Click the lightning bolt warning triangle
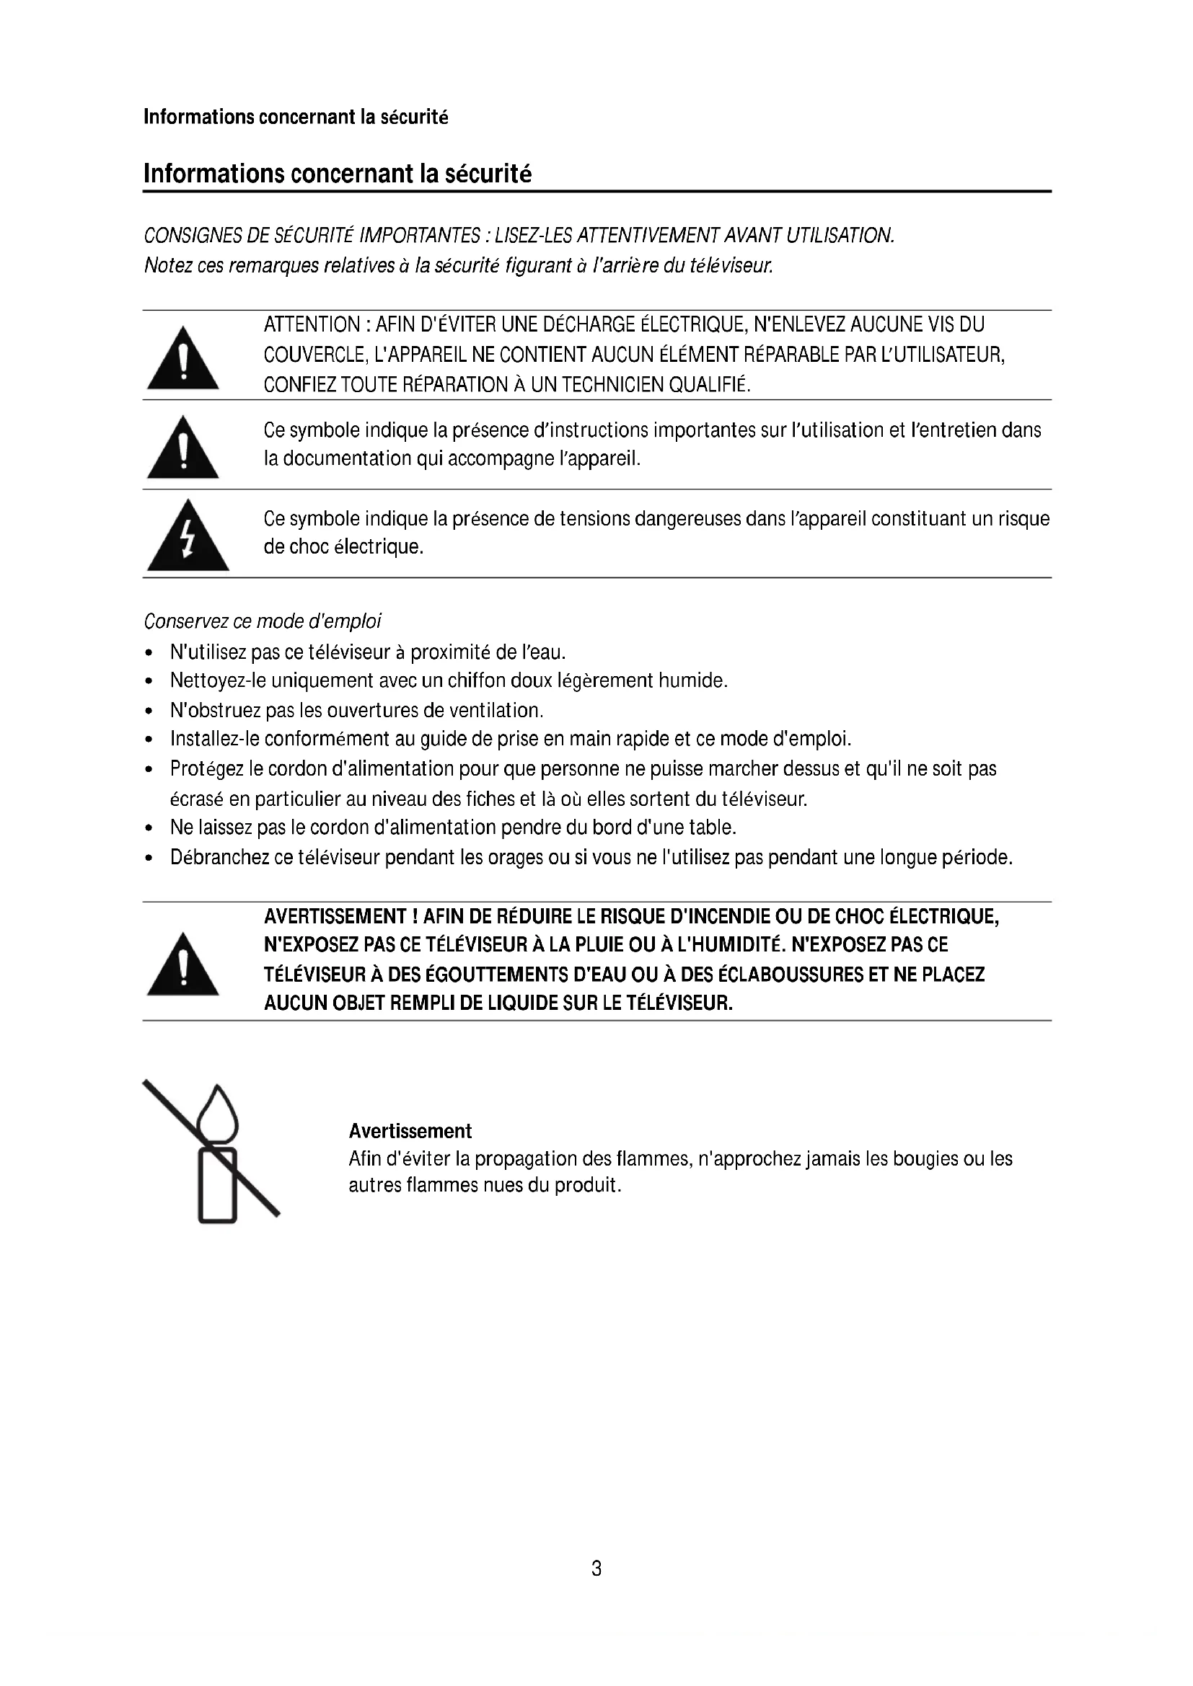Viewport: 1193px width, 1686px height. pyautogui.click(x=188, y=537)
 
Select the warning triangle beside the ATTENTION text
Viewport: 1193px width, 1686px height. pyautogui.click(x=183, y=359)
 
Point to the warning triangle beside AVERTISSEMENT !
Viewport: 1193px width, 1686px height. pyautogui.click(x=183, y=966)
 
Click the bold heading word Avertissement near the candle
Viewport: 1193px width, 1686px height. pyautogui.click(x=410, y=1131)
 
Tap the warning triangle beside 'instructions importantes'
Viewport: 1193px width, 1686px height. pyautogui.click(x=183, y=448)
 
